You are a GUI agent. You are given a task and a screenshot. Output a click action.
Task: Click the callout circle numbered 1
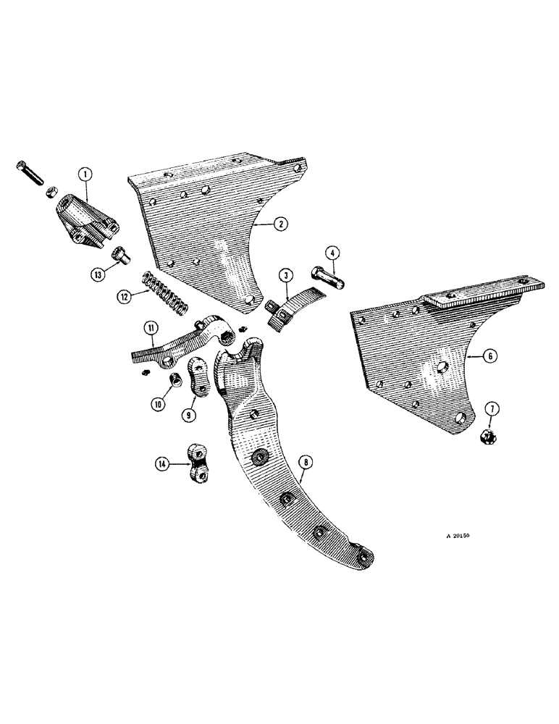click(x=85, y=174)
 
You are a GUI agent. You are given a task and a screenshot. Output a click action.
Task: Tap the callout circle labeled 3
click(x=287, y=275)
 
